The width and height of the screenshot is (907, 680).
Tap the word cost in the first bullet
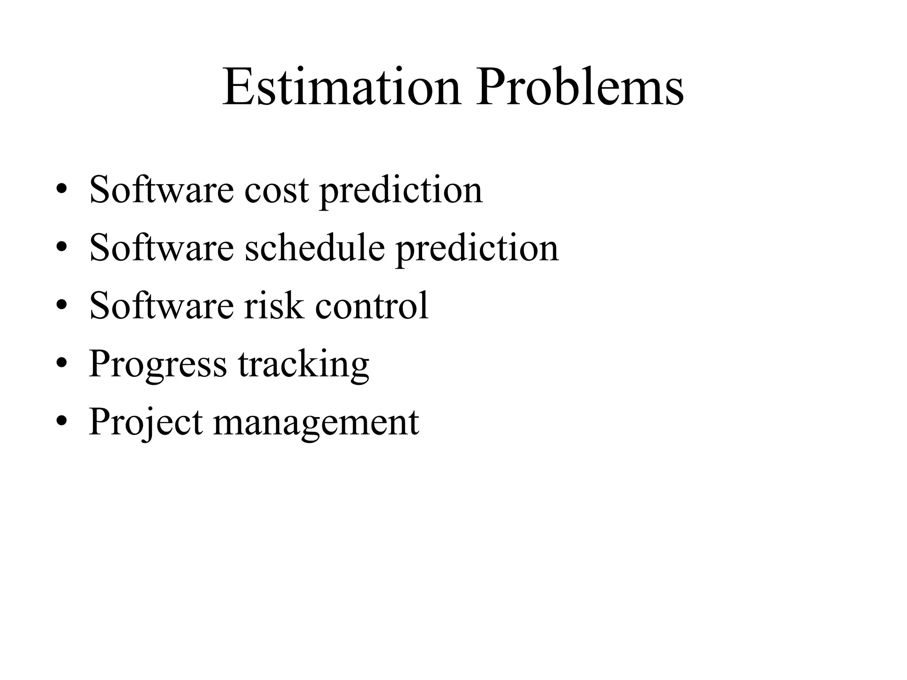[x=276, y=190]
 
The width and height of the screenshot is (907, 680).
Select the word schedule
[x=314, y=247]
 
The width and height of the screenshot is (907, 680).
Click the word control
[x=372, y=305]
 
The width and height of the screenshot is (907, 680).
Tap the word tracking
[x=303, y=364]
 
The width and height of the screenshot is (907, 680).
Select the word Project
[x=146, y=422]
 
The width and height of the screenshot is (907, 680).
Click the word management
[x=316, y=422]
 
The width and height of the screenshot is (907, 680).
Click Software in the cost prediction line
[x=162, y=190]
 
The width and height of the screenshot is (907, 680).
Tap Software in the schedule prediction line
[x=162, y=247]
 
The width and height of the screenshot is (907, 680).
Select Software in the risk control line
[x=162, y=305]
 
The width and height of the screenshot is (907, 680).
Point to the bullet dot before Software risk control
[x=62, y=305]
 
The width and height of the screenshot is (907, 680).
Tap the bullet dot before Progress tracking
[x=62, y=363]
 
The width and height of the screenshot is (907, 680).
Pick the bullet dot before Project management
[x=62, y=421]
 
